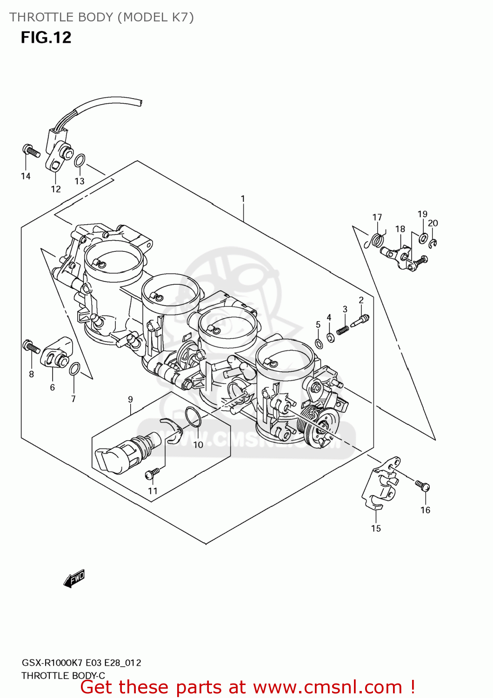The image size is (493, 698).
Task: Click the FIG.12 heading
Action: (x=46, y=37)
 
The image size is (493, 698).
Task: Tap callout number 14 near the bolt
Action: (x=26, y=176)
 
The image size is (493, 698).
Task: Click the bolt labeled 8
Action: (x=31, y=347)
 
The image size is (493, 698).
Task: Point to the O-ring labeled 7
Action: (x=74, y=369)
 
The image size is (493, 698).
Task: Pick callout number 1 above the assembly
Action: (x=242, y=199)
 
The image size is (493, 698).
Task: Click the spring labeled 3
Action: (x=342, y=330)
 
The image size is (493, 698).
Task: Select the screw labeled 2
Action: (x=360, y=321)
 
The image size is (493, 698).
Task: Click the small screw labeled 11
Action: (x=152, y=473)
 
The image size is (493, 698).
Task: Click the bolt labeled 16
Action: (x=423, y=486)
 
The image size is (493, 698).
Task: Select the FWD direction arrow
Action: (x=74, y=578)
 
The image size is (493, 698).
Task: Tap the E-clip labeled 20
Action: (x=433, y=243)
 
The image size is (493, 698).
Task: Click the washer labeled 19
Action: (x=423, y=238)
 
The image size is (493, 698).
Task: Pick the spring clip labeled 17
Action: (x=377, y=240)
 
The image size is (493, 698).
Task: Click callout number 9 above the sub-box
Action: (x=130, y=399)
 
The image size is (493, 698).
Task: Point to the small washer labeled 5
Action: (x=319, y=344)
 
